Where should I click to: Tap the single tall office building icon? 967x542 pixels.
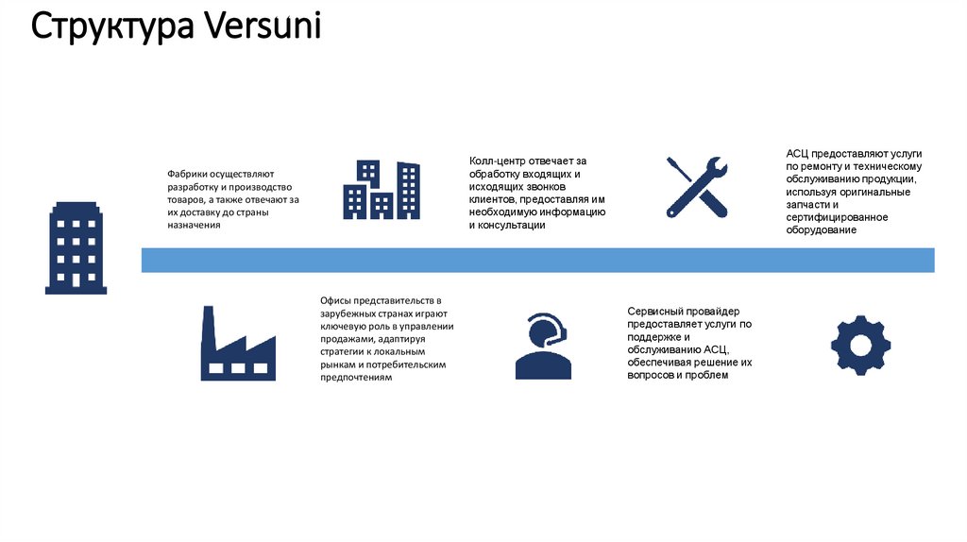pyautogui.click(x=76, y=247)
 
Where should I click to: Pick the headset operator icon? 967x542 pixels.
pyautogui.click(x=543, y=346)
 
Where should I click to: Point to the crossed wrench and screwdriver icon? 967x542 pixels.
pyautogui.click(x=696, y=187)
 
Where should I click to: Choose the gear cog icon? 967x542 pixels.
pyautogui.click(x=860, y=344)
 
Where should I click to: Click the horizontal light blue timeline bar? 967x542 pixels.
pyautogui.click(x=537, y=260)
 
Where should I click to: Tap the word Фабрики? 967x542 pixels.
pyautogui.click(x=187, y=175)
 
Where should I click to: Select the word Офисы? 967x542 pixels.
pyautogui.click(x=337, y=301)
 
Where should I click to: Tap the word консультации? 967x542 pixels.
pyautogui.click(x=511, y=225)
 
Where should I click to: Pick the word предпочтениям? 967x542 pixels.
pyautogui.click(x=355, y=377)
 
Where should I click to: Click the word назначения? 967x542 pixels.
pyautogui.click(x=195, y=225)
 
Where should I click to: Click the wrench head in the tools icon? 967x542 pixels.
pyautogui.click(x=715, y=169)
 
